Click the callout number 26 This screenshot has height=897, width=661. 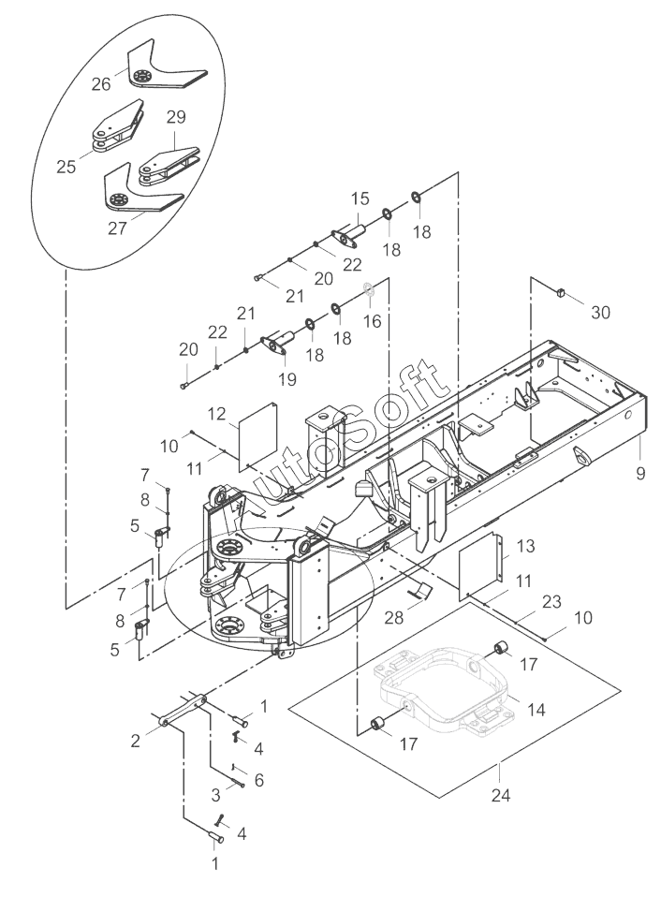click(x=101, y=84)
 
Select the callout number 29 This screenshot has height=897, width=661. click(x=176, y=117)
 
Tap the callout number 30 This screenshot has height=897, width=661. click(x=600, y=313)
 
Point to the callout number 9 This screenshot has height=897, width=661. click(x=640, y=473)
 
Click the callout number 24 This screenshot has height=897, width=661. click(x=500, y=795)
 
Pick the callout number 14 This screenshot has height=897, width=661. click(x=536, y=710)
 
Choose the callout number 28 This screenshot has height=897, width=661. click(x=394, y=617)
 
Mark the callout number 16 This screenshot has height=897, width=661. click(x=373, y=321)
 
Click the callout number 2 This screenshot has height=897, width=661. click(x=135, y=741)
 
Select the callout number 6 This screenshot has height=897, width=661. click(x=259, y=780)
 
